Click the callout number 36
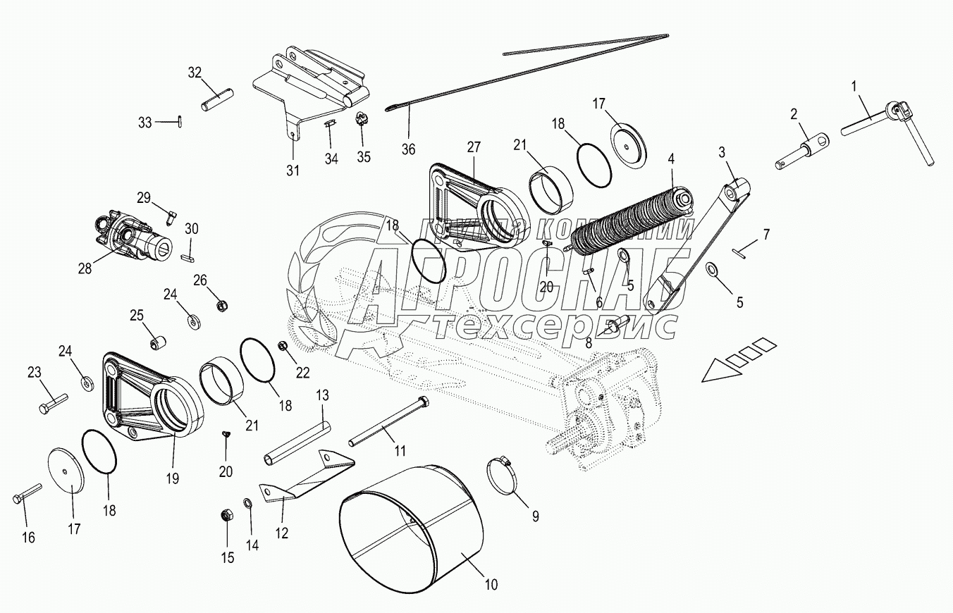[408, 149]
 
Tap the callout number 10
[491, 584]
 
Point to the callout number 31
[292, 170]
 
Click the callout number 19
[172, 478]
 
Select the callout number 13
[321, 395]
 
